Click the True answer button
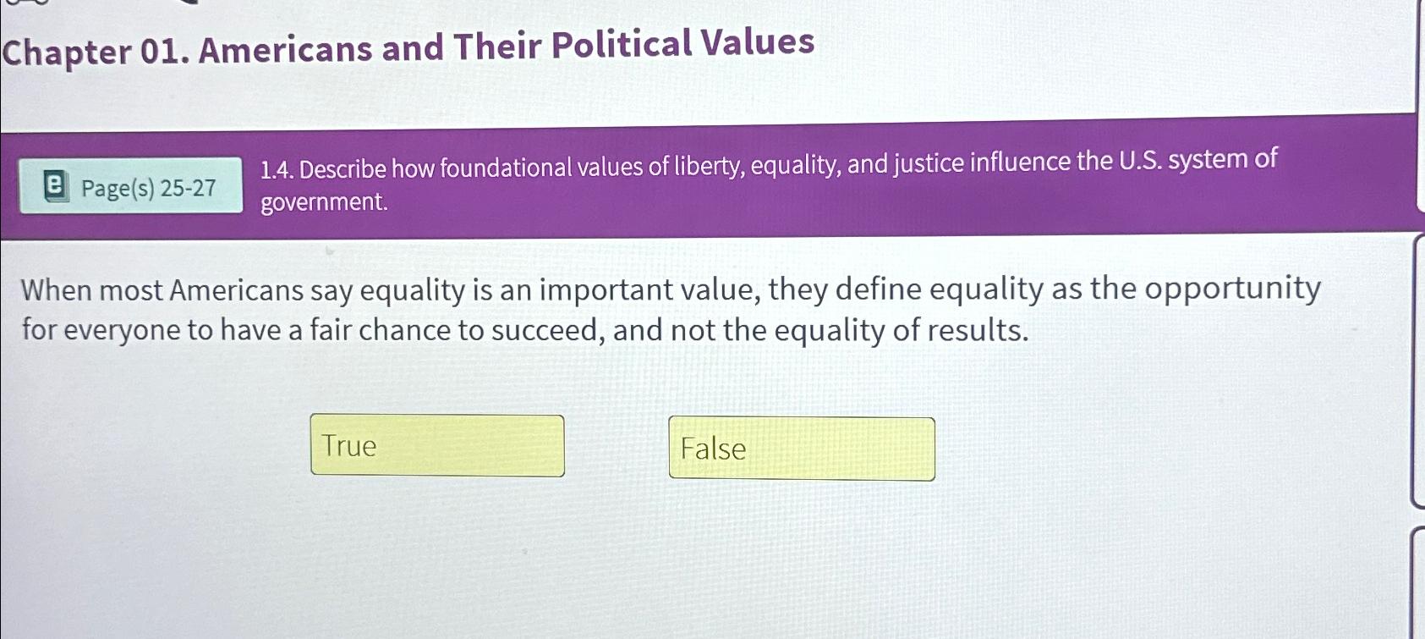coord(437,445)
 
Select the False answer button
coord(801,449)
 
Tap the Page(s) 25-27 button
coord(132,187)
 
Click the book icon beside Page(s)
coord(55,186)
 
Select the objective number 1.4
coord(277,170)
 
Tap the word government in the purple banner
coord(324,203)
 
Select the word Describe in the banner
coord(343,169)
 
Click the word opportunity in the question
coord(1233,289)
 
